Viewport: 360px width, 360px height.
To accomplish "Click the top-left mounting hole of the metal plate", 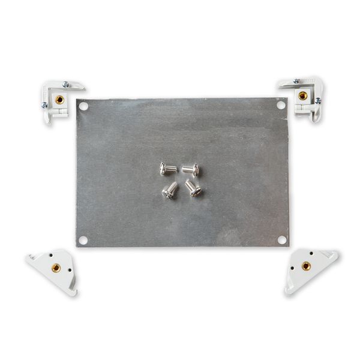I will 84,106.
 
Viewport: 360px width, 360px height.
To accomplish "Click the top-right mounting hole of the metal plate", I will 280,104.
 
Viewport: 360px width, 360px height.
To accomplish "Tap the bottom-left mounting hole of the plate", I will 83,240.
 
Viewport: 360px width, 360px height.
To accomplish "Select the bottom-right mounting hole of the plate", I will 281,239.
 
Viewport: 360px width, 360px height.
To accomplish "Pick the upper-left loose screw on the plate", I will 167,170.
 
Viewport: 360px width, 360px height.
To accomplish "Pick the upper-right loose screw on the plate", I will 191,170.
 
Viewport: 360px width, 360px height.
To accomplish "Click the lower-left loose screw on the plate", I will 170,191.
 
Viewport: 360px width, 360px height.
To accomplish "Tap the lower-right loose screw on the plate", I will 193,188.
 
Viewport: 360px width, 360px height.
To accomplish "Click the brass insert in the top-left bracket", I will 59,100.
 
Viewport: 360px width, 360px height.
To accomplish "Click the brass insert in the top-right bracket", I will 303,95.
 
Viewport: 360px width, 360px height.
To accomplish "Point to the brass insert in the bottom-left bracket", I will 56,268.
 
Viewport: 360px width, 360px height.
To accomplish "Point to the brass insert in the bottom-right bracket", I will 306,266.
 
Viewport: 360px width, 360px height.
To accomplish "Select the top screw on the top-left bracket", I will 65,85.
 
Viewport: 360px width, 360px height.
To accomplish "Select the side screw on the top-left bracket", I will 44,105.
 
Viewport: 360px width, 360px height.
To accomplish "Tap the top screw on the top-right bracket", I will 296,81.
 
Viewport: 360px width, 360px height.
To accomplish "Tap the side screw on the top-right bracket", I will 317,101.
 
